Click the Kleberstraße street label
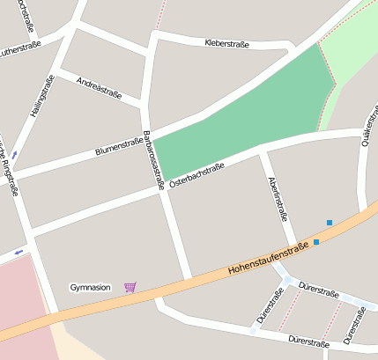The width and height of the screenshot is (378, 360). coord(226,43)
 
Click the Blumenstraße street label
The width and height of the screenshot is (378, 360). coord(120,145)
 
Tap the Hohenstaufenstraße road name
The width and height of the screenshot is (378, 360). coord(268,259)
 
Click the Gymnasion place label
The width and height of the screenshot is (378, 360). coord(91,288)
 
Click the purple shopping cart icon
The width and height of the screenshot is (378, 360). coord(130,287)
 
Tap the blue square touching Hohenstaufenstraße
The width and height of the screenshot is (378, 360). coord(316,241)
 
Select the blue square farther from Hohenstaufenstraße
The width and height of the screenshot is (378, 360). coord(330,223)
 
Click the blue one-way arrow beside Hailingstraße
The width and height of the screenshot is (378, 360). coord(14,155)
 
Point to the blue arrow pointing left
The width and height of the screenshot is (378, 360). coord(18,253)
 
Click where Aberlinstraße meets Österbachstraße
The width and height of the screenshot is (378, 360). coord(262,150)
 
